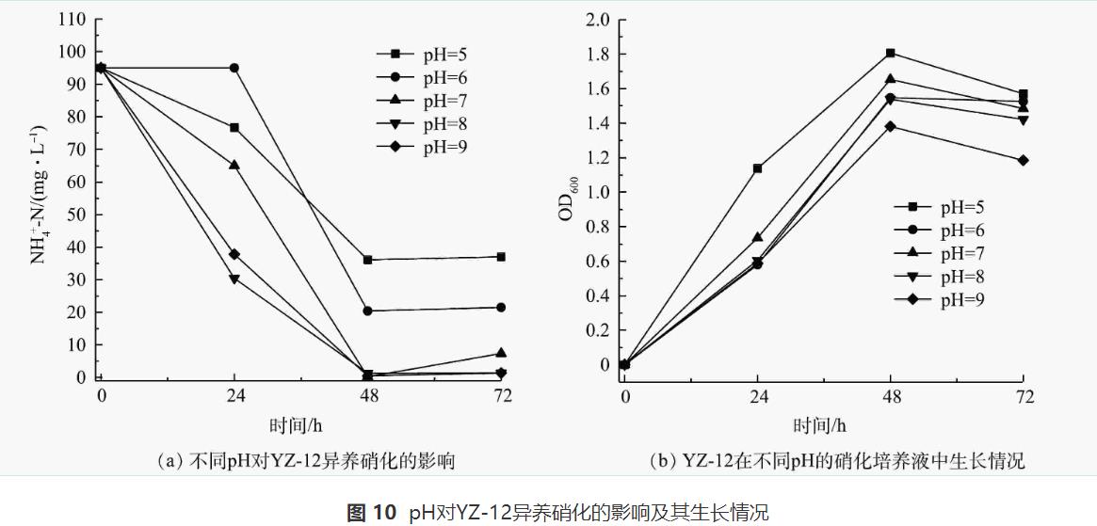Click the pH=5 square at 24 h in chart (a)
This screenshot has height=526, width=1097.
234,127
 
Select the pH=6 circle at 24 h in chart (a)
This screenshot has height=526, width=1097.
234,68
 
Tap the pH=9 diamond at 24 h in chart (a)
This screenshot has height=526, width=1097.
234,254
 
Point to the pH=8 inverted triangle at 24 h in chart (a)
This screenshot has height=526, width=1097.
234,279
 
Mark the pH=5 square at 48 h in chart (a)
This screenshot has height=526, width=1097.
368,260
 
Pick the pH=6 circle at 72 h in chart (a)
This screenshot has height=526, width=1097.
502,308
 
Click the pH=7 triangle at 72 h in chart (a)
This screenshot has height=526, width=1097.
502,353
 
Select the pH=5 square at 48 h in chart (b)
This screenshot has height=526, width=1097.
890,53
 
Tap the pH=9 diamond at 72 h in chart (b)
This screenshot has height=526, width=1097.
1024,160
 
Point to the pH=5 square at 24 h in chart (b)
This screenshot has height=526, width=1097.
757,168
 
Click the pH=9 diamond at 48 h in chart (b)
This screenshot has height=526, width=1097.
890,126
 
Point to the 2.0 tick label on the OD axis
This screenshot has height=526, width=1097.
598,20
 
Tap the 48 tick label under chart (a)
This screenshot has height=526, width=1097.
368,396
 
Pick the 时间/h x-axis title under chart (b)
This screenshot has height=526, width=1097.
819,425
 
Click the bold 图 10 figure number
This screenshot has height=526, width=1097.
372,513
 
